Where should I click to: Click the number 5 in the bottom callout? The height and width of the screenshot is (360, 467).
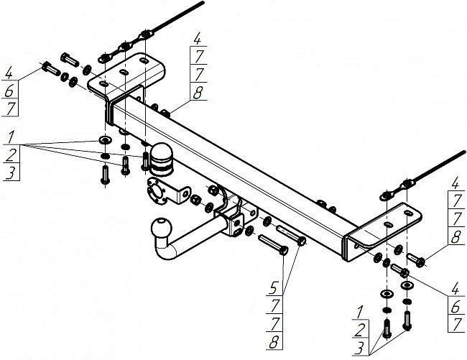[274, 289]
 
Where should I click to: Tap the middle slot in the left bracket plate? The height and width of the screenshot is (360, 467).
[124, 73]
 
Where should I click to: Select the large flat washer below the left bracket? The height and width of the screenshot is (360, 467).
[104, 139]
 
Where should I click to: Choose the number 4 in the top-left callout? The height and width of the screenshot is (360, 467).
[10, 72]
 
